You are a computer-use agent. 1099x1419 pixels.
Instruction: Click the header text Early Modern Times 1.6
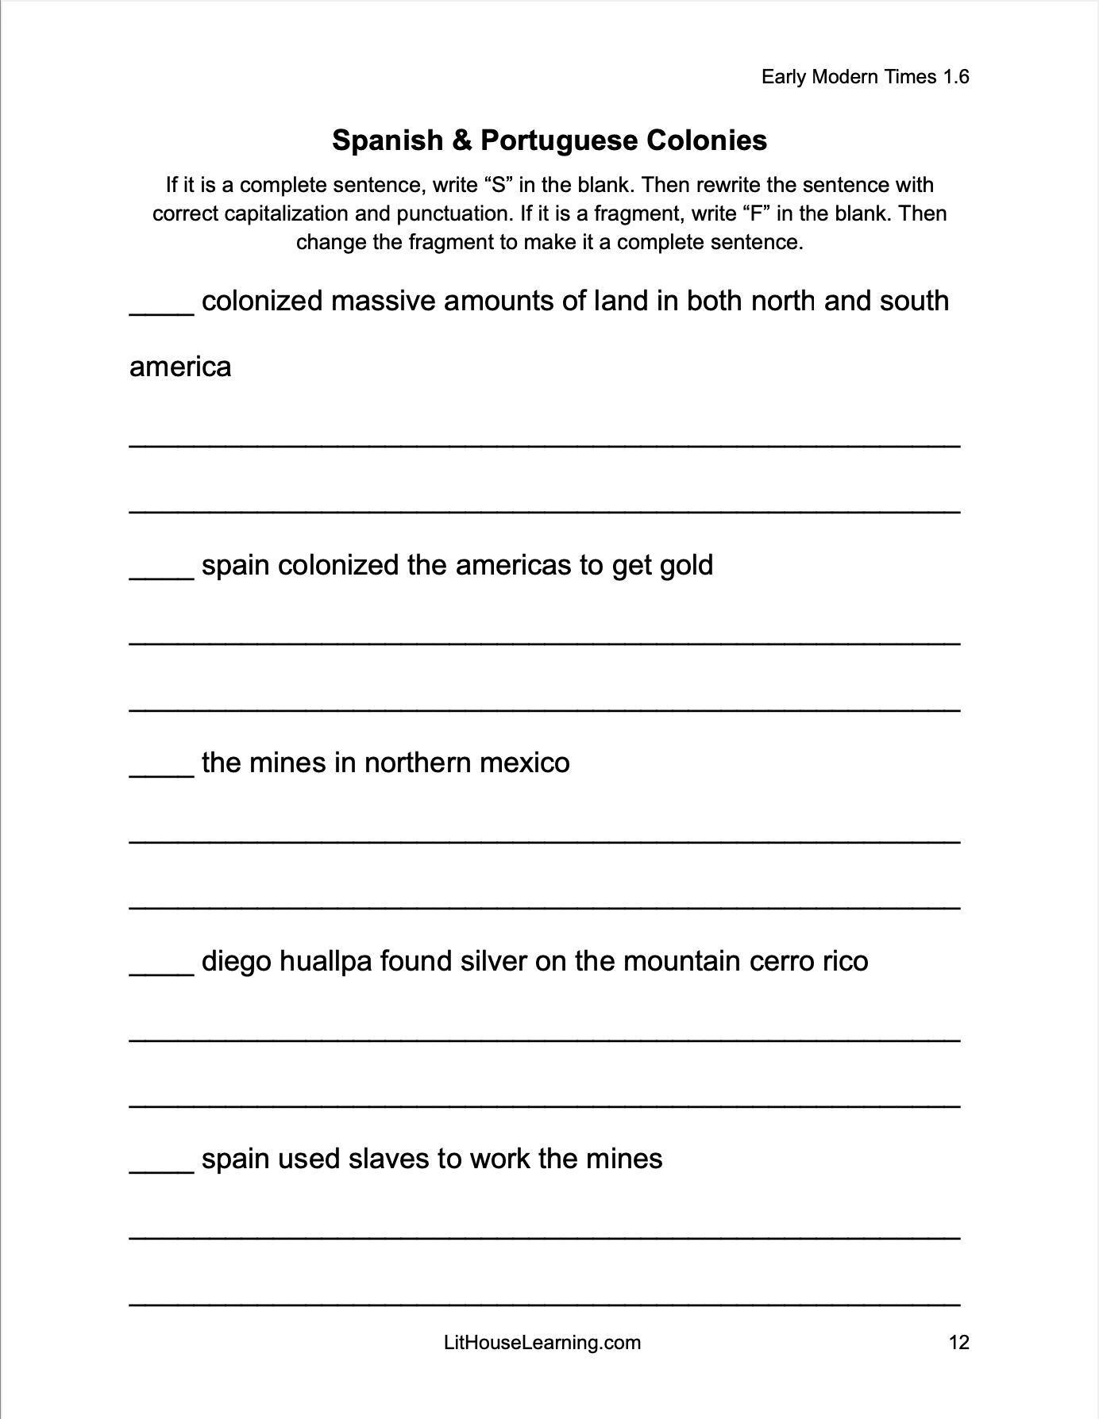(865, 77)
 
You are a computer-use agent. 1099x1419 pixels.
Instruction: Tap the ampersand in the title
(461, 140)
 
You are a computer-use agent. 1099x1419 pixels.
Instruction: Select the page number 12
(958, 1342)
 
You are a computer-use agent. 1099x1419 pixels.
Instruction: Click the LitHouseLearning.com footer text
(542, 1342)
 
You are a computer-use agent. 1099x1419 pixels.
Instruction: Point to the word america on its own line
(180, 367)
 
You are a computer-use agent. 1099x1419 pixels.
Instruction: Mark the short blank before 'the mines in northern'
(161, 775)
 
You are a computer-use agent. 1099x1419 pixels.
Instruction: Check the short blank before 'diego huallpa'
(161, 973)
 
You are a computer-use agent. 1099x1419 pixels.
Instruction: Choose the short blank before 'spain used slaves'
(161, 1171)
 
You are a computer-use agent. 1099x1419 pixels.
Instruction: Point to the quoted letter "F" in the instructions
(755, 213)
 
